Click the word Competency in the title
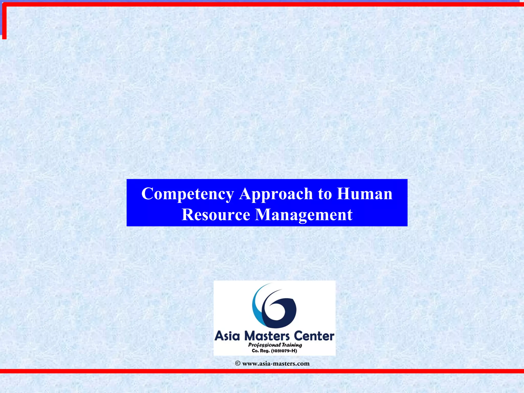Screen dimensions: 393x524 coord(188,194)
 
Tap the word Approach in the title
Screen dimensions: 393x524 coord(276,194)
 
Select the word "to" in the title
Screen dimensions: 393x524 coord(324,194)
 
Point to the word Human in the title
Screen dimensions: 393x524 coord(364,194)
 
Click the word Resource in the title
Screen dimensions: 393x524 coord(216,214)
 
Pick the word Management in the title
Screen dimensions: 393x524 coord(304,215)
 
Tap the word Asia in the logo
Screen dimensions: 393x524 coord(227,336)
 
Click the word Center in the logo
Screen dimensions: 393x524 coord(314,336)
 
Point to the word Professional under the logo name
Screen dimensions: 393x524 coord(264,345)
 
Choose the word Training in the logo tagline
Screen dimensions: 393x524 coord(292,345)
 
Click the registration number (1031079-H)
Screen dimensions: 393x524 coord(284,351)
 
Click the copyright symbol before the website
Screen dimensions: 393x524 coord(238,364)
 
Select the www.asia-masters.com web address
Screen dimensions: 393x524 coord(276,364)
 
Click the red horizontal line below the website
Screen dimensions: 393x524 coord(262,371)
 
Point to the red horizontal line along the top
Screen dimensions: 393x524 coord(262,4)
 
